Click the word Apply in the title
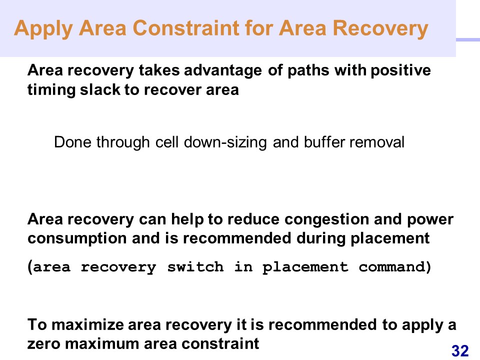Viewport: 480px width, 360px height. pos(43,29)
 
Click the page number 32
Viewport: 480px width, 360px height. pos(460,350)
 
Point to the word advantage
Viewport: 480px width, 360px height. pos(223,71)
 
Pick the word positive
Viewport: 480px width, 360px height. pos(400,70)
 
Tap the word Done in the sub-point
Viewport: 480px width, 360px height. pos(72,142)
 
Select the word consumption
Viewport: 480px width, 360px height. pos(77,239)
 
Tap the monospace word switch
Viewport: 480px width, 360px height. pos(195,267)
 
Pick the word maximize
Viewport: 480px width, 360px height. pos(87,325)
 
